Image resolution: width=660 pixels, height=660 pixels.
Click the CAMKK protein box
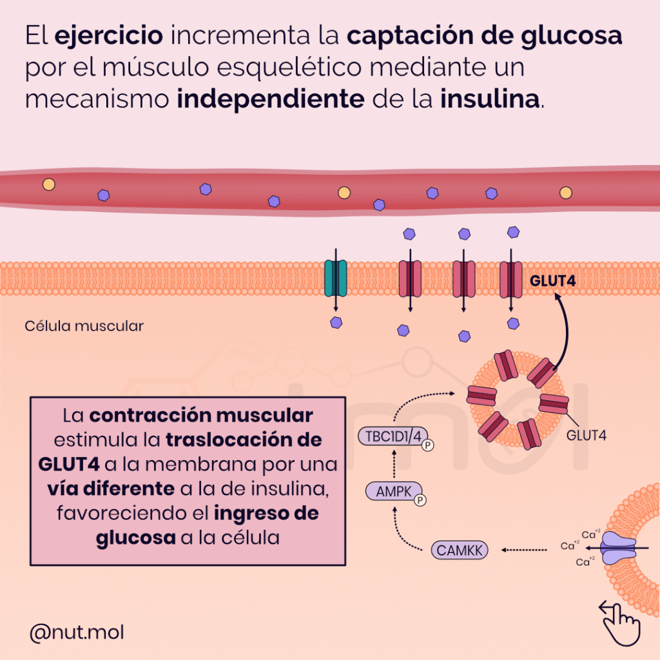tap(459, 550)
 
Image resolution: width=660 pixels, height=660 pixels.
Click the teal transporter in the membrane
tap(335, 278)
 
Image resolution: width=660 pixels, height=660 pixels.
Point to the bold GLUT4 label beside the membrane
tap(552, 281)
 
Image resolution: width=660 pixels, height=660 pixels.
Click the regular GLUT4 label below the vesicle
tap(587, 434)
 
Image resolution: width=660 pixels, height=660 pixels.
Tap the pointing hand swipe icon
tap(620, 619)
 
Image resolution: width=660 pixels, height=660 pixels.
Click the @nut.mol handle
tap(77, 633)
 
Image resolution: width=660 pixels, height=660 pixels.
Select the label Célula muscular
tap(84, 326)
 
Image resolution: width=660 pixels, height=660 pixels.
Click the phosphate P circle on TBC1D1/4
tap(427, 445)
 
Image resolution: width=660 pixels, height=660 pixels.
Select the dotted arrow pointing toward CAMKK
tap(524, 550)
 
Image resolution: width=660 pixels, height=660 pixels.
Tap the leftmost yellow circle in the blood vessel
tap(49, 184)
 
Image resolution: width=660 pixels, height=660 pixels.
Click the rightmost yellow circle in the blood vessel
tap(565, 192)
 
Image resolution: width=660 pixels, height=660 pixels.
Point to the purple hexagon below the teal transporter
tap(335, 322)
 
